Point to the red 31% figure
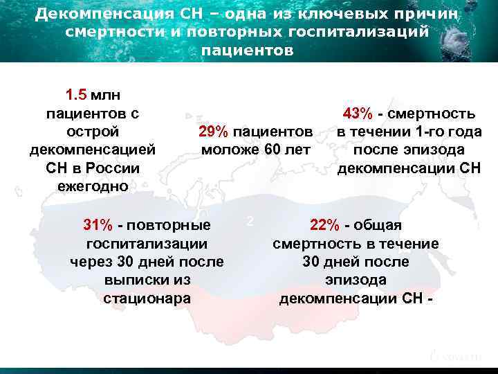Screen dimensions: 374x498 pyautogui.click(x=98, y=225)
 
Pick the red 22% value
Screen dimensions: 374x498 pyautogui.click(x=324, y=225)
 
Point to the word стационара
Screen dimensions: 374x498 pyautogui.click(x=147, y=299)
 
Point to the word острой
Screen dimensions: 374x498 pyautogui.click(x=92, y=132)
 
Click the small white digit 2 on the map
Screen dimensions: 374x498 pyautogui.click(x=250, y=221)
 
